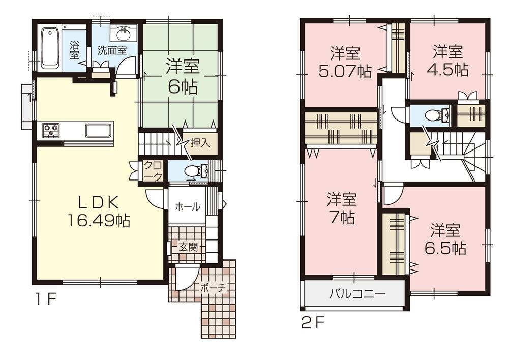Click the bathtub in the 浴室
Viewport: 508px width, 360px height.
click(50, 48)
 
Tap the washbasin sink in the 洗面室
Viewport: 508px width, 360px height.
click(124, 35)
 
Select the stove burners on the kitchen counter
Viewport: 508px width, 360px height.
click(51, 131)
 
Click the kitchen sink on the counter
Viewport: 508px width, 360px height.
click(99, 131)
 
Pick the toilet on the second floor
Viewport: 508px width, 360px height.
click(432, 116)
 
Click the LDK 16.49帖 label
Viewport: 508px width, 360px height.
click(98, 212)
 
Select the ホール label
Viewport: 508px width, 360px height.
click(187, 207)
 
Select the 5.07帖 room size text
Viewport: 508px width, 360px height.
click(345, 70)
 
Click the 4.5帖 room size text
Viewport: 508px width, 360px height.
click(447, 69)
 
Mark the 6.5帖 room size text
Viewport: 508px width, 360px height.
click(445, 248)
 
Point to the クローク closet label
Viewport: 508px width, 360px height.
click(153, 170)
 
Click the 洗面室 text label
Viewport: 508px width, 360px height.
click(112, 50)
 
